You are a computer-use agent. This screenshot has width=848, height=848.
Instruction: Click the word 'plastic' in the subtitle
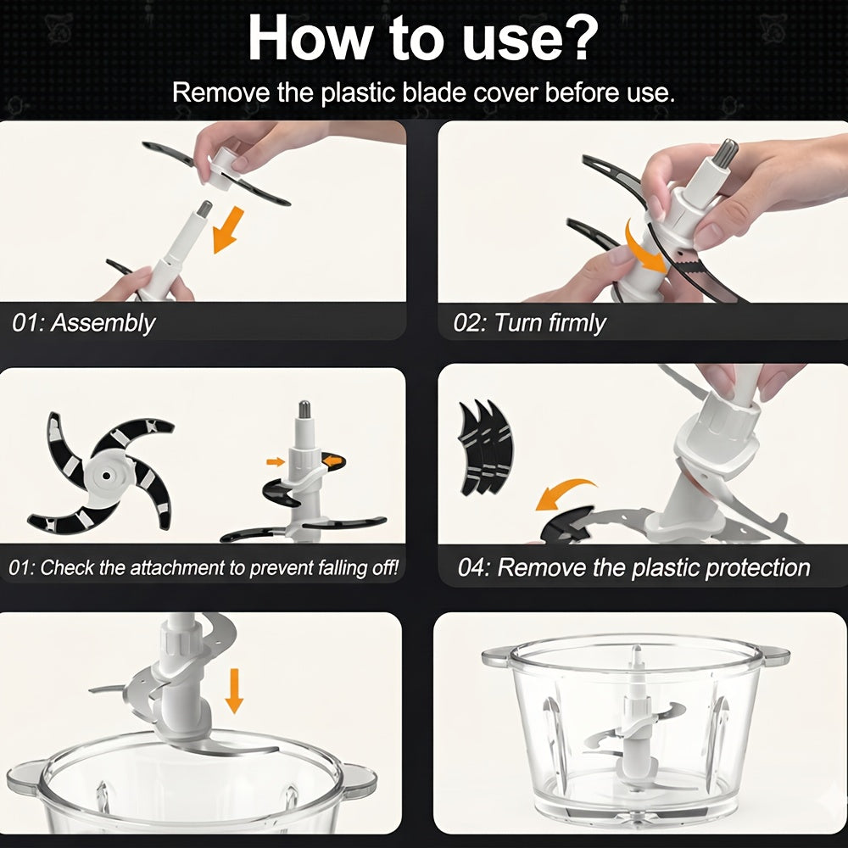tap(359, 92)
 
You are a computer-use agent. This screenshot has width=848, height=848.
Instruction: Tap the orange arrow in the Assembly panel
tap(228, 229)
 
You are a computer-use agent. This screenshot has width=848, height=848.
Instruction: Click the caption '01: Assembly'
tap(84, 322)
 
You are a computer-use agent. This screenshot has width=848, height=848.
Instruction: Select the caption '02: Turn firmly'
tap(529, 322)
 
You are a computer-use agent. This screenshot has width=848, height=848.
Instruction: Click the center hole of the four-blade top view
tap(106, 476)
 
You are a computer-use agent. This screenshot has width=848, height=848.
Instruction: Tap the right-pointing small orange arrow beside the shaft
tap(276, 462)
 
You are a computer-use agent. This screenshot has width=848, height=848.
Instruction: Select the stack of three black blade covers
tap(485, 448)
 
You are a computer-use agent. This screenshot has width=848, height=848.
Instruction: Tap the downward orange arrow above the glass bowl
tap(234, 690)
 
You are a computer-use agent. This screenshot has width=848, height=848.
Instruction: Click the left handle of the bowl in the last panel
tap(496, 658)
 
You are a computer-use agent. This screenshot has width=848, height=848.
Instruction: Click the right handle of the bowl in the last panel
tap(774, 658)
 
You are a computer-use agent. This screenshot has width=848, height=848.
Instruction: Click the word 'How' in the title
tap(307, 38)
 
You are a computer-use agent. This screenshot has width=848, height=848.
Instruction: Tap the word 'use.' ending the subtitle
tap(651, 93)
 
